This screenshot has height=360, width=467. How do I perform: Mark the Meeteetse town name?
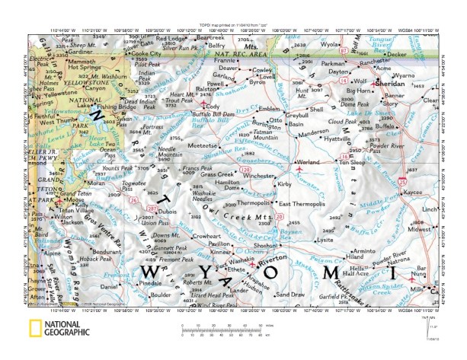coord(203,144)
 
